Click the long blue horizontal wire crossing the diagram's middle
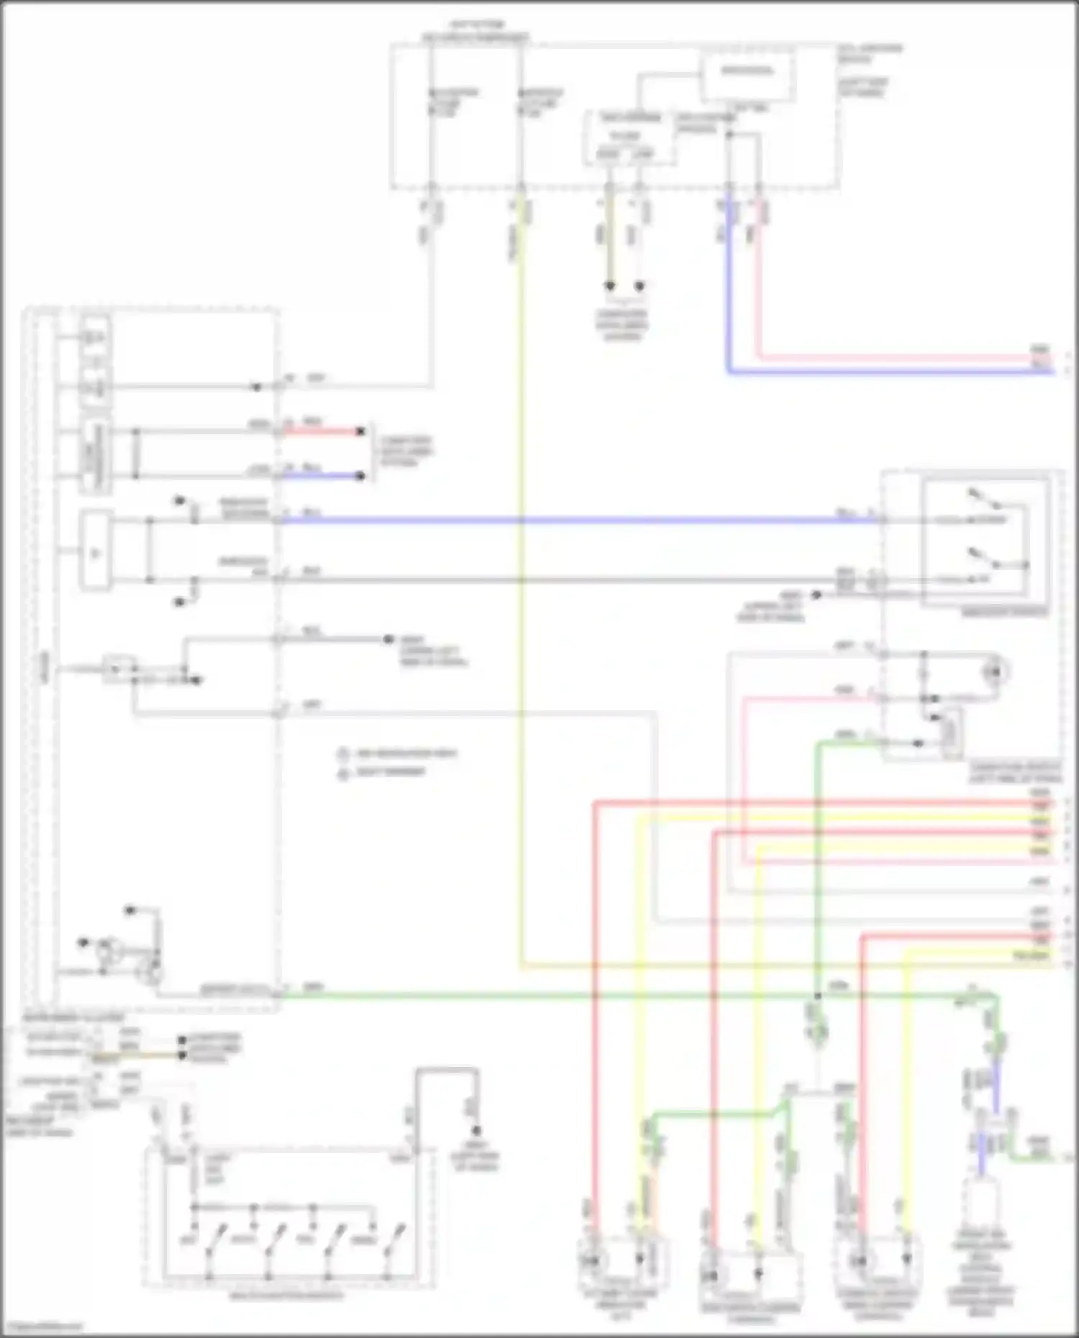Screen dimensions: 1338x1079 point(575,519)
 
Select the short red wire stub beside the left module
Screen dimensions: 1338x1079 point(324,431)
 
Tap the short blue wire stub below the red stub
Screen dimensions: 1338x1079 point(324,476)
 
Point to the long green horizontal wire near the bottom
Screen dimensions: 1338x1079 point(547,995)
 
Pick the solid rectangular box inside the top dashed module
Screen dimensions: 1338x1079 point(748,72)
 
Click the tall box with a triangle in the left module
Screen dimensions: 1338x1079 point(96,551)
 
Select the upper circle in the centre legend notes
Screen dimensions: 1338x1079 point(343,754)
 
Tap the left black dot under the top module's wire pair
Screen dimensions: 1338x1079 point(610,285)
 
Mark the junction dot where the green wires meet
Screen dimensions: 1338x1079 point(817,996)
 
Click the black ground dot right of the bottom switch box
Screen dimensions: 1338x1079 point(475,1129)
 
